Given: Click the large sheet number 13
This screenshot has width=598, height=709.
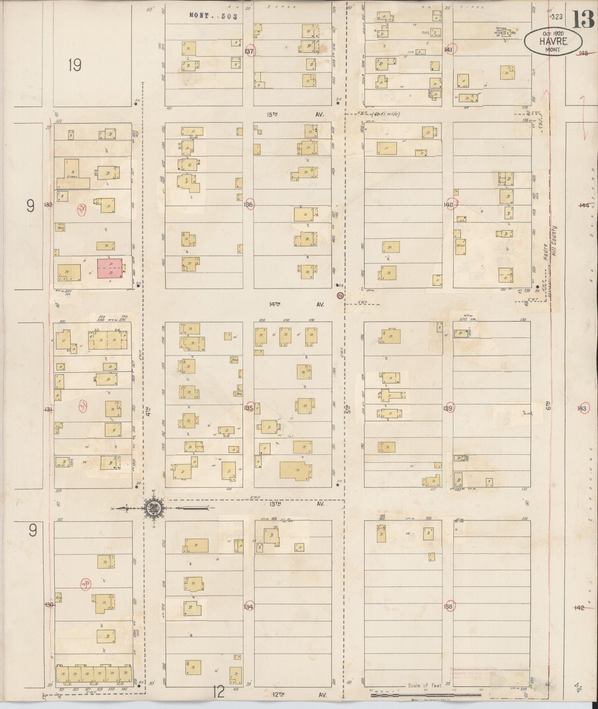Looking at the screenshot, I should (x=583, y=19).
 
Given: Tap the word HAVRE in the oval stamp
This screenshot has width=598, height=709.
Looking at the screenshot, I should (x=552, y=41).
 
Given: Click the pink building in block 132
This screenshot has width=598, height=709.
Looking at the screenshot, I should (x=110, y=268).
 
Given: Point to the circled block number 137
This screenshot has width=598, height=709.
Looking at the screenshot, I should (x=249, y=51).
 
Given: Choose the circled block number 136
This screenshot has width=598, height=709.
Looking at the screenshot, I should (x=248, y=205).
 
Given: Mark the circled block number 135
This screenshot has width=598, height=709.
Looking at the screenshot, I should (x=249, y=408).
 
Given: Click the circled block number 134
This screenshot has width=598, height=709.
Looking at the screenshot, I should (x=249, y=607).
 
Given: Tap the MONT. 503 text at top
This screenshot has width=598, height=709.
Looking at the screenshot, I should (x=213, y=16).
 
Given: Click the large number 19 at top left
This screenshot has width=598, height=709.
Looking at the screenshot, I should (x=75, y=65).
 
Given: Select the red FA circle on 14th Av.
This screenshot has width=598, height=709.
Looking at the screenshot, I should (x=340, y=296).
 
